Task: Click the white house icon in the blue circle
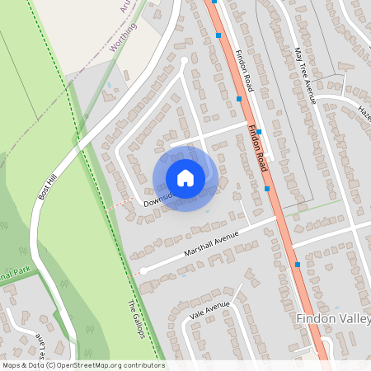tap(185, 177)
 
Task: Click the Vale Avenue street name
tap(209, 307)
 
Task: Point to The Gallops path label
tap(137, 318)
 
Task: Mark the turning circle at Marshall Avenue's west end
tap(143, 270)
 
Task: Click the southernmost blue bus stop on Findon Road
tap(297, 265)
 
